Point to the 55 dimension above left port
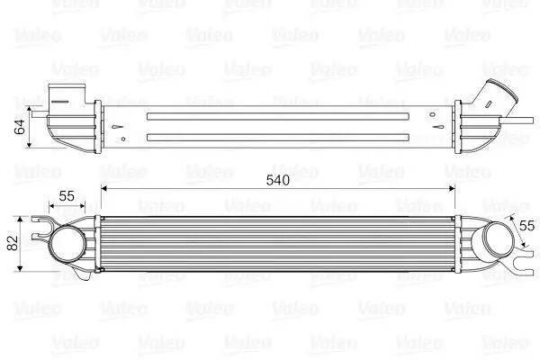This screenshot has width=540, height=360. point(67,194)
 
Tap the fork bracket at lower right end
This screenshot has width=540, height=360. point(521,266)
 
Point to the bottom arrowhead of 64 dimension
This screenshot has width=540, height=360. point(32,145)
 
